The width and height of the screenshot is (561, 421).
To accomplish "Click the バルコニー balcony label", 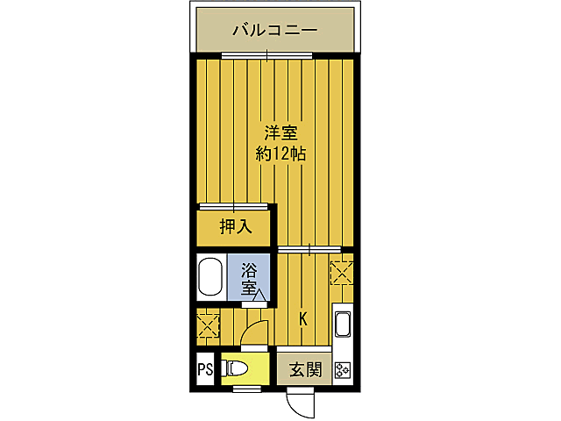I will (x=273, y=32).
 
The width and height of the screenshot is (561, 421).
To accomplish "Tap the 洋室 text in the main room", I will (x=280, y=134).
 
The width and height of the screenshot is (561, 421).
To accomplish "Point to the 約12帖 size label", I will (x=280, y=154).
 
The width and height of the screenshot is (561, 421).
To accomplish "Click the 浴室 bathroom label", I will (x=249, y=276).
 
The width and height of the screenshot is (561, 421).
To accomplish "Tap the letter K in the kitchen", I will (x=304, y=320).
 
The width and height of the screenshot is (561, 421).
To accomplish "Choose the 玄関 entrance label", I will (x=303, y=370).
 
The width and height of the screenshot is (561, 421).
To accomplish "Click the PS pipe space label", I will (x=205, y=370).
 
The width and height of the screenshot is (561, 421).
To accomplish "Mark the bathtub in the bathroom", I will (x=209, y=277).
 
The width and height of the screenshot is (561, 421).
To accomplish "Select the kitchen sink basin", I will (x=343, y=325).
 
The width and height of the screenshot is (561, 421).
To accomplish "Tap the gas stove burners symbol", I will (x=342, y=370).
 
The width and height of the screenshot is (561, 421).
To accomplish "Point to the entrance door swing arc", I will (x=301, y=402).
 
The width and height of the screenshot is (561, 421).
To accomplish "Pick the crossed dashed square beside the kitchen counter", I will (x=341, y=271).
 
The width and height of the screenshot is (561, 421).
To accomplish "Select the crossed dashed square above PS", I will (x=209, y=325).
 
